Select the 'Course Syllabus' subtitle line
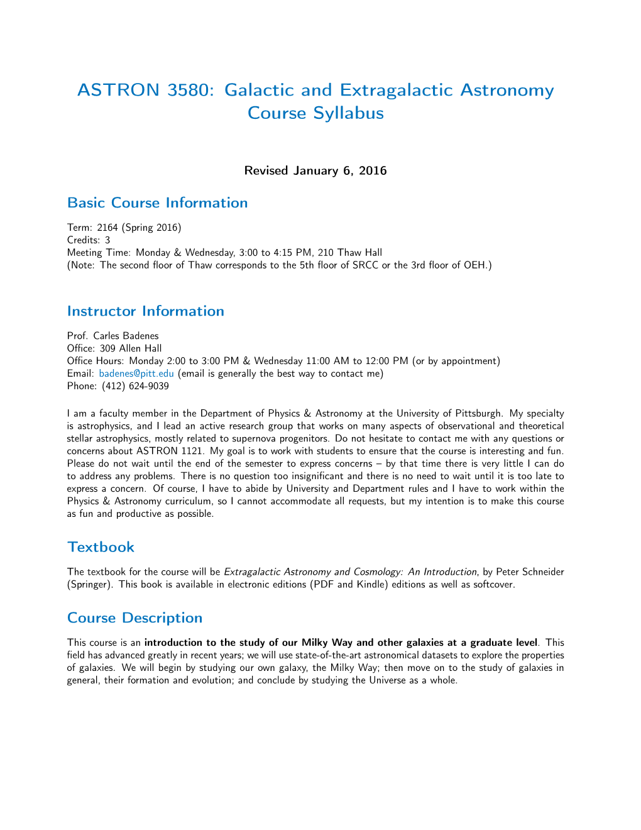click(315, 113)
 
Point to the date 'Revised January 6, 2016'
click(315, 171)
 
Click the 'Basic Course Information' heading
click(157, 203)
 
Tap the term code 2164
click(107, 228)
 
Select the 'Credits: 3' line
click(89, 240)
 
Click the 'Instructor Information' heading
click(145, 311)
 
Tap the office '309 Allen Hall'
click(131, 348)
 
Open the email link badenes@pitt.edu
click(136, 373)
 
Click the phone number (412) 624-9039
click(135, 386)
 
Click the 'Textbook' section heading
click(101, 547)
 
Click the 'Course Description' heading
click(134, 618)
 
